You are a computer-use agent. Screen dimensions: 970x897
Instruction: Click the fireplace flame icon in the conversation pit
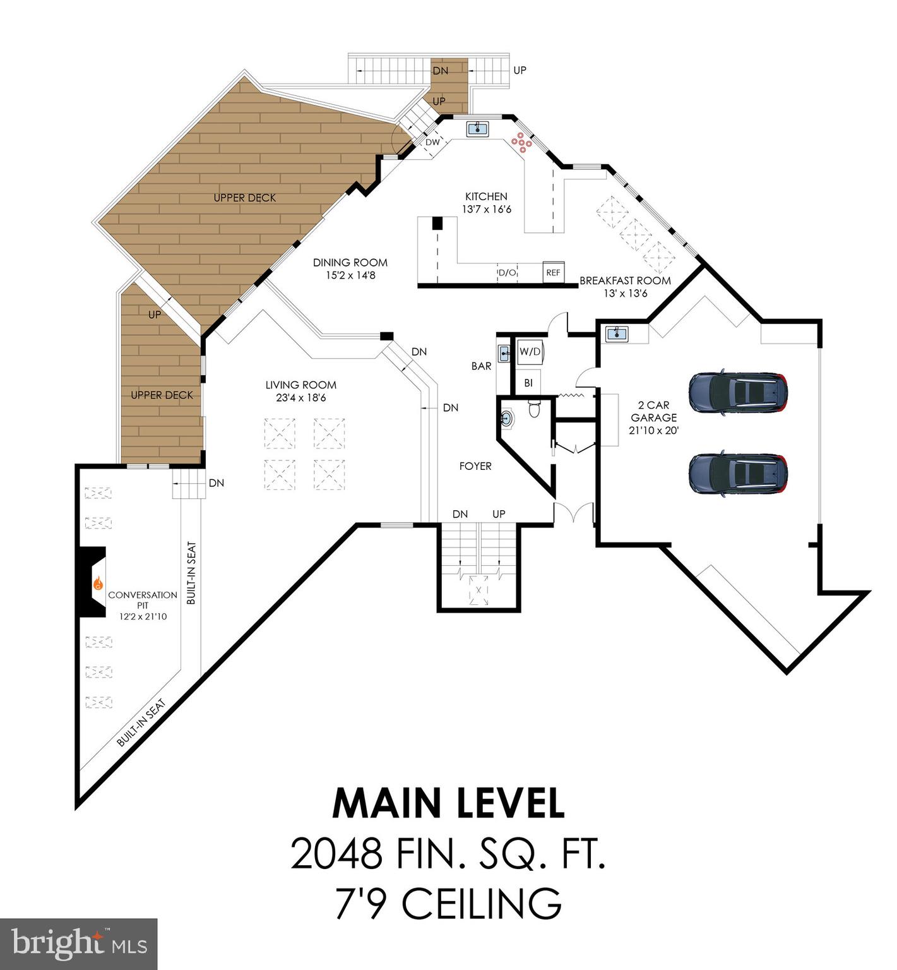[98, 584]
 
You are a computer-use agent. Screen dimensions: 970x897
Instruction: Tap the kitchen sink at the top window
[478, 129]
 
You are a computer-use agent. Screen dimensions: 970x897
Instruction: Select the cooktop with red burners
[522, 143]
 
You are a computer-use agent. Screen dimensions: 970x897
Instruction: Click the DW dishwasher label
[432, 143]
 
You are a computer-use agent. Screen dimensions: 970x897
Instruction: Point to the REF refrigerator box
[553, 272]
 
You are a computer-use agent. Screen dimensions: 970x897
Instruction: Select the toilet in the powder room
[535, 410]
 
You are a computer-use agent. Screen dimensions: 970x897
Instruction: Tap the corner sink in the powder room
[506, 418]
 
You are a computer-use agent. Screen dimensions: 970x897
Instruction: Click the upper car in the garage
[738, 392]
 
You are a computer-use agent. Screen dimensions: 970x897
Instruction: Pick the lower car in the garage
[738, 473]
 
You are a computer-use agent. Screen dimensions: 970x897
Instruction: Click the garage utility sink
[616, 333]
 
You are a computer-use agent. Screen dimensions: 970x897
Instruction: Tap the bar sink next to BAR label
[504, 354]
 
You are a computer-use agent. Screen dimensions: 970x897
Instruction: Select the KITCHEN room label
[486, 196]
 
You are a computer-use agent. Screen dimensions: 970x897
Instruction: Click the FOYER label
[475, 466]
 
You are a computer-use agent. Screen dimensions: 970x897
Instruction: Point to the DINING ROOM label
[350, 263]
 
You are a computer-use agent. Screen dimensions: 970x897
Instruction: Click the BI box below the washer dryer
[528, 383]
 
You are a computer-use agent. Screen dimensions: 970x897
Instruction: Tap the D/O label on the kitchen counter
[508, 273]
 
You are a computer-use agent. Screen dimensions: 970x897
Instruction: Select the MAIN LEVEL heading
[448, 804]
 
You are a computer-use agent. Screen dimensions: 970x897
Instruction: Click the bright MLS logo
[79, 944]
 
